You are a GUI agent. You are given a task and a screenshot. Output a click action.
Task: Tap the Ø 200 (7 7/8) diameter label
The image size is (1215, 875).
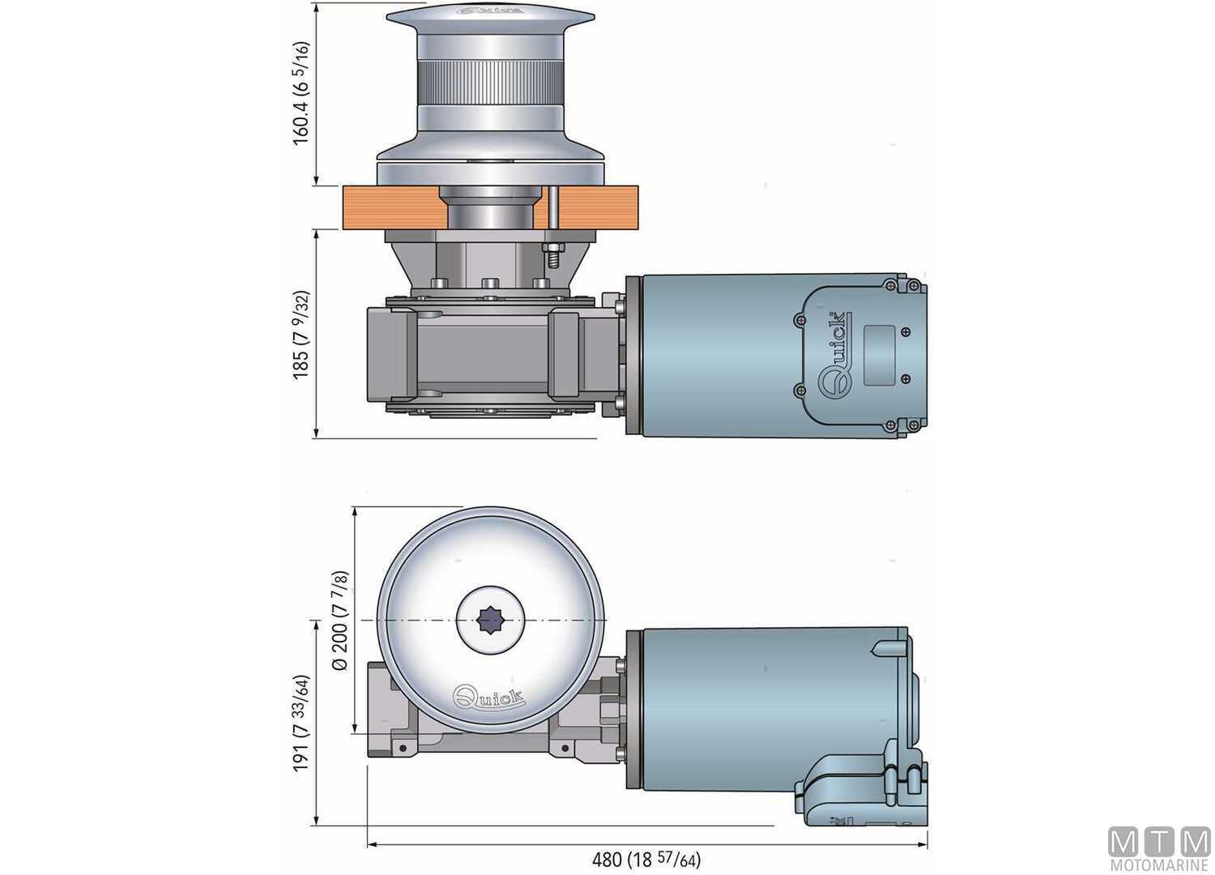click(x=340, y=620)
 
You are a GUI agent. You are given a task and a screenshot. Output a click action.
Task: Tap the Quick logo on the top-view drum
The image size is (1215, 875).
click(x=488, y=698)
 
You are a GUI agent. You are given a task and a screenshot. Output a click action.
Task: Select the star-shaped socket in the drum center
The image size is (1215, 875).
click(x=489, y=621)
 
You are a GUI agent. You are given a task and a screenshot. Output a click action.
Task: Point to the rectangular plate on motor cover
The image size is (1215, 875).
click(x=879, y=355)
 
